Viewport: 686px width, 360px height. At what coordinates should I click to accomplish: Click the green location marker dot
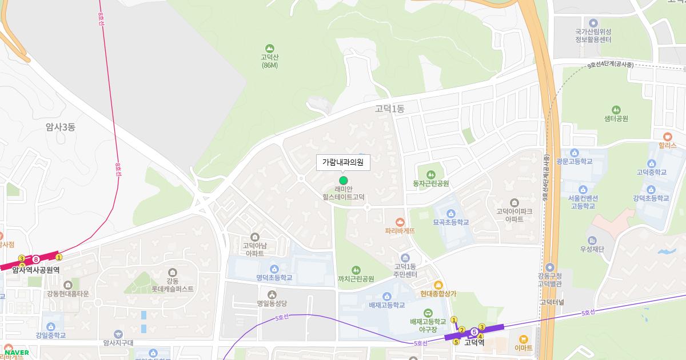click(343, 181)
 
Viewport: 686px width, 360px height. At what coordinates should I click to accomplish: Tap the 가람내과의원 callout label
click(343, 163)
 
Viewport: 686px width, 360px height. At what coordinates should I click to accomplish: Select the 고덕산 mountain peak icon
click(269, 48)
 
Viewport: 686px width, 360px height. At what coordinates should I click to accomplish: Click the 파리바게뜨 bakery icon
click(400, 221)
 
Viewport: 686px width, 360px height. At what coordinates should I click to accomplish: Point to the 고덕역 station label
click(474, 343)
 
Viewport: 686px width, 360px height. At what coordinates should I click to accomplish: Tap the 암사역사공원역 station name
click(36, 270)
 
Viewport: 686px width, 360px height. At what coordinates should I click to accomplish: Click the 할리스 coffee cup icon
click(667, 137)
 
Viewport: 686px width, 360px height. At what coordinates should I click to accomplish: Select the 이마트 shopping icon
click(523, 338)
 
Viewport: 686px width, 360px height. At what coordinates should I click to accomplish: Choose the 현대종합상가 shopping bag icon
click(438, 285)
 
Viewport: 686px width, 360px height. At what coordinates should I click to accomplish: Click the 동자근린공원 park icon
click(430, 174)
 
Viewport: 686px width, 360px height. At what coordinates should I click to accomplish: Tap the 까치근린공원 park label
click(356, 279)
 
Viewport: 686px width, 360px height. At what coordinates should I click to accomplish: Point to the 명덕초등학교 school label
click(274, 278)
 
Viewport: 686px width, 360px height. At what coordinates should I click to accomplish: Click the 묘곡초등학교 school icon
click(450, 213)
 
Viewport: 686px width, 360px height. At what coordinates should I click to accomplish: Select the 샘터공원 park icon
click(616, 109)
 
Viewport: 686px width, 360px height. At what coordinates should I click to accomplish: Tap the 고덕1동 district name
click(389, 109)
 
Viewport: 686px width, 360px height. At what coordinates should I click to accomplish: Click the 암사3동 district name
click(61, 127)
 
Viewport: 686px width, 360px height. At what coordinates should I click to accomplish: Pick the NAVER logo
click(17, 353)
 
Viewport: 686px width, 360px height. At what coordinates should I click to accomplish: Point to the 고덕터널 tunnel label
click(552, 301)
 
